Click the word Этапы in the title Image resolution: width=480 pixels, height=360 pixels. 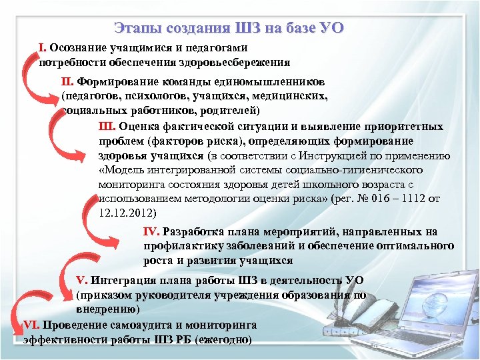137,28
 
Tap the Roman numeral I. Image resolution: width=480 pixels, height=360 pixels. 42,48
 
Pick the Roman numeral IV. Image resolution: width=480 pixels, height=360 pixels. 151,232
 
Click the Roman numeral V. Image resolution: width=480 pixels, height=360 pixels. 81,280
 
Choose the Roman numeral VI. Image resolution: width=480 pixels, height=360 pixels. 31,325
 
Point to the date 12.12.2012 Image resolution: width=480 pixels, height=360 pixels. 126,213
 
